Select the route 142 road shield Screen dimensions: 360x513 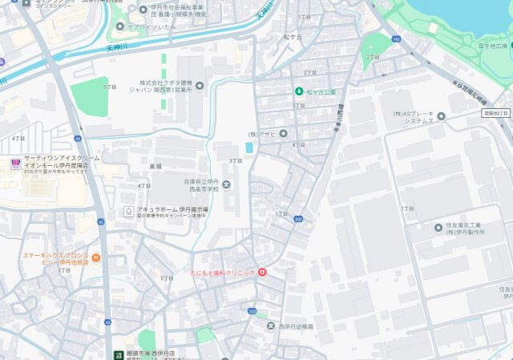(x=396, y=38)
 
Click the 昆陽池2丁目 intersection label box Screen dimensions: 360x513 (x=496, y=113)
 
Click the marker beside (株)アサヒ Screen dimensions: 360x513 (x=283, y=134)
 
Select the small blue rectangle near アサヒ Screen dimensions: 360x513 (x=249, y=148)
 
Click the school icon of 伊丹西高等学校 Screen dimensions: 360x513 (x=226, y=187)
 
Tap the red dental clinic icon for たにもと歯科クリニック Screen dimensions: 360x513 (x=261, y=273)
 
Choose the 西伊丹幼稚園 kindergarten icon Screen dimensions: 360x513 (x=270, y=326)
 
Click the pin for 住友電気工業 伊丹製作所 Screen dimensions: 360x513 (x=438, y=228)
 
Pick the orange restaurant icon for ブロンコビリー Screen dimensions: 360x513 (x=95, y=258)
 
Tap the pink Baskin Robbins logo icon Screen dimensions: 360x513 (x=14, y=164)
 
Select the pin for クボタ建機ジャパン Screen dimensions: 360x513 (x=200, y=85)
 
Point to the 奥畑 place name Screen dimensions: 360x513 (x=156, y=166)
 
